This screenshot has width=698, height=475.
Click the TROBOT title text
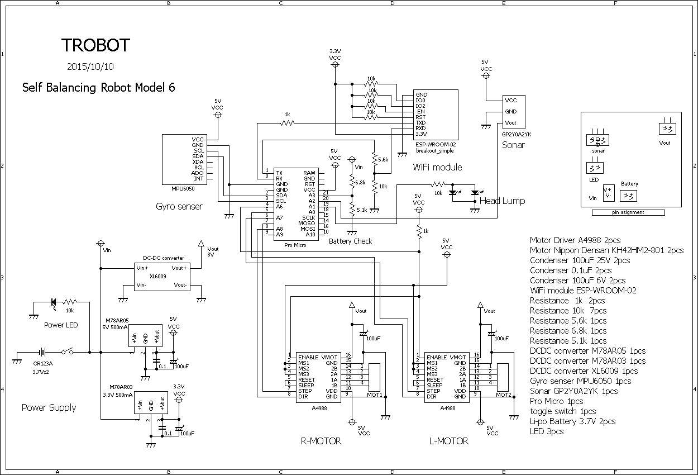[x=95, y=45]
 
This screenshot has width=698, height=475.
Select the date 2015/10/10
[x=90, y=66]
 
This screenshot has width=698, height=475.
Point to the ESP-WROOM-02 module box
[x=436, y=115]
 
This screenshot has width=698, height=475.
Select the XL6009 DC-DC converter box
[x=163, y=276]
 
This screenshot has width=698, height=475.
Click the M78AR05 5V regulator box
[x=145, y=338]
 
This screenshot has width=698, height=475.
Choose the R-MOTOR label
[x=321, y=441]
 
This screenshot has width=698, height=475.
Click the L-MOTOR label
[x=449, y=441]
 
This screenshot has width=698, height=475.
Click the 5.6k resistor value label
[x=383, y=160]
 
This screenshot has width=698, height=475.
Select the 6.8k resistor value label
[x=360, y=182]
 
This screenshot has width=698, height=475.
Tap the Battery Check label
[x=350, y=241]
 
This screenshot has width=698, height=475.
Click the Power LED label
[x=61, y=325]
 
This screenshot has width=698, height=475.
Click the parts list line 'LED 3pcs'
[x=547, y=431]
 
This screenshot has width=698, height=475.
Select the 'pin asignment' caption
[x=628, y=212]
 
